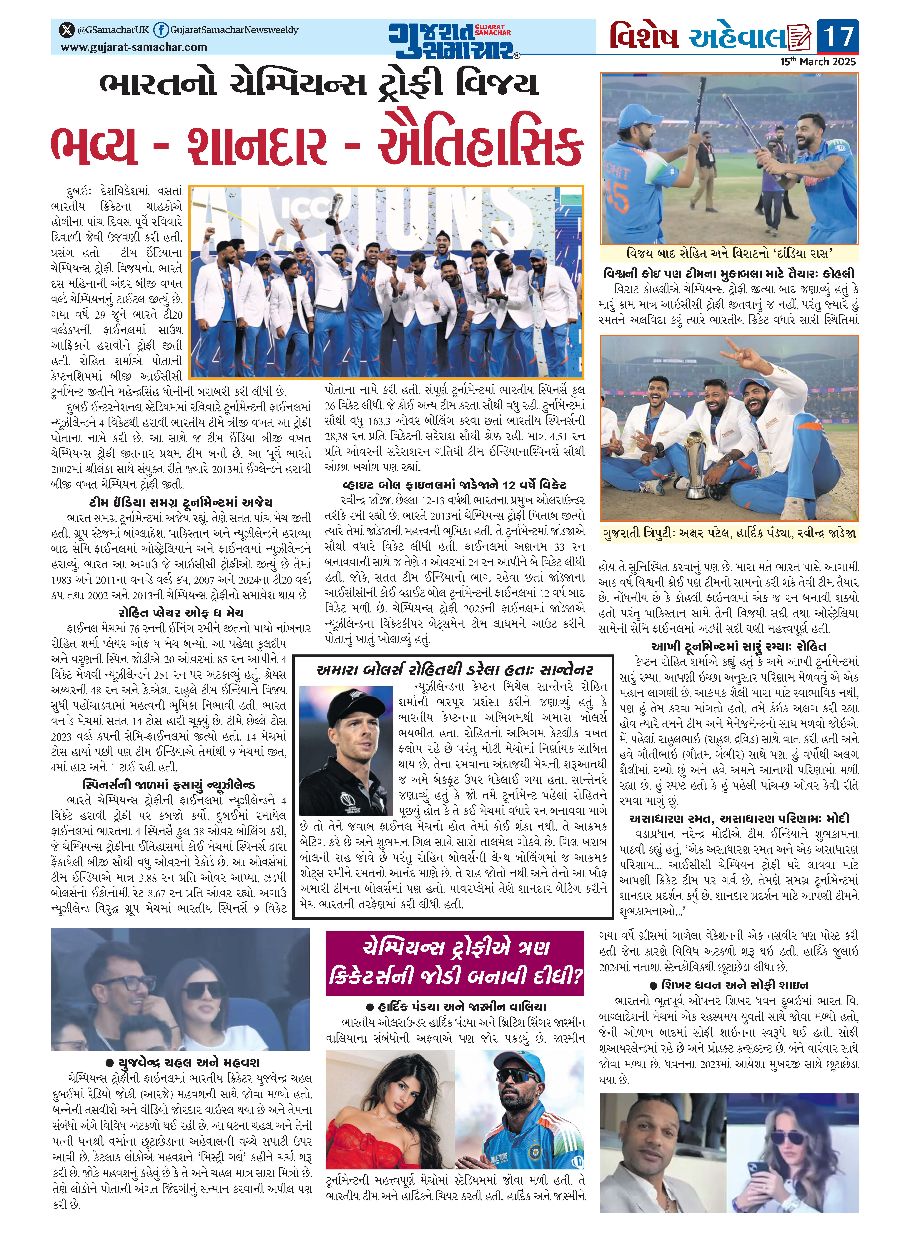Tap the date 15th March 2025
[818, 62]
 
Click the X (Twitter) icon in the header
[67, 30]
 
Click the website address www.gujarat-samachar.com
[134, 47]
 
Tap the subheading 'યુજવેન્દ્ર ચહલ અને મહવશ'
[182, 1063]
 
